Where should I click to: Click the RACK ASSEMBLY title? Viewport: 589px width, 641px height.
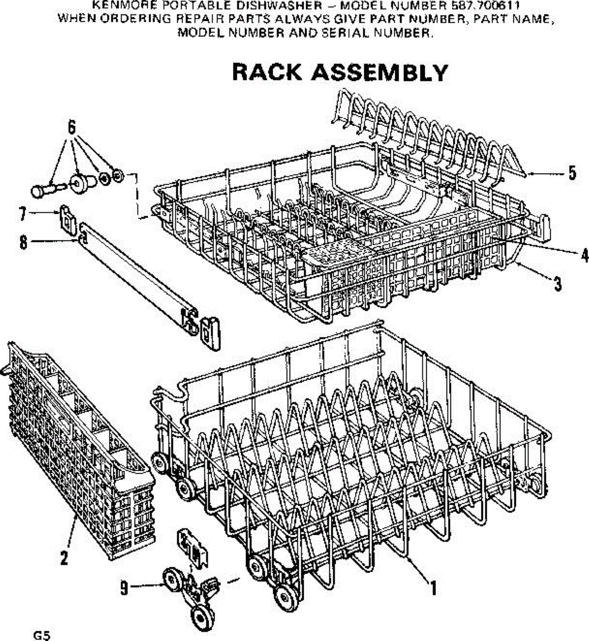point(340,73)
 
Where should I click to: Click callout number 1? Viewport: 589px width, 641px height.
point(434,588)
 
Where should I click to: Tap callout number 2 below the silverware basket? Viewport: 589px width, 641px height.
point(64,558)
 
